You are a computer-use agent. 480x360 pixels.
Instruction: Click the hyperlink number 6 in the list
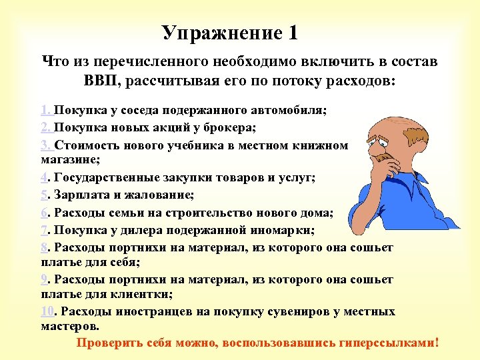click(x=43, y=213)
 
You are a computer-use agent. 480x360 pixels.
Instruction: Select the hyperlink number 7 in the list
click(x=43, y=231)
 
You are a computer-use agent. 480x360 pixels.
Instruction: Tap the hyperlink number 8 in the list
click(x=43, y=248)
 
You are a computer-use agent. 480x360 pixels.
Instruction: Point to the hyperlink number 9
click(x=43, y=277)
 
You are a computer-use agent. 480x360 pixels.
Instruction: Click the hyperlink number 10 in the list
click(x=47, y=312)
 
